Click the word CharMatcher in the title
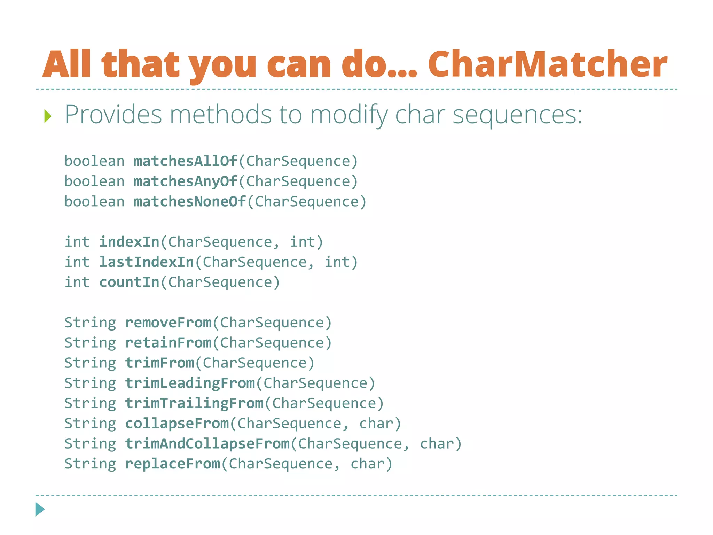[x=547, y=64]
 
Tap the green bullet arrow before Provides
[x=48, y=116]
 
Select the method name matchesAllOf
[x=185, y=161]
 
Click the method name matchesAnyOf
[x=185, y=181]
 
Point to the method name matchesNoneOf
[x=190, y=202]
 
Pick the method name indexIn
[x=129, y=242]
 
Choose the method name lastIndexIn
[x=147, y=262]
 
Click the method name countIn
[x=129, y=282]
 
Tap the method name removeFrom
[x=168, y=323]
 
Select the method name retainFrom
[x=168, y=343]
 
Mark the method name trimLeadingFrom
[x=190, y=383]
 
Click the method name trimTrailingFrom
[x=194, y=403]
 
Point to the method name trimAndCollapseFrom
[x=207, y=444]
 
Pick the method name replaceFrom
[x=173, y=464]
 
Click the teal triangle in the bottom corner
[x=40, y=509]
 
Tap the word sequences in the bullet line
[x=517, y=115]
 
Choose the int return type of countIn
[x=77, y=282]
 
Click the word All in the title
[x=67, y=64]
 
